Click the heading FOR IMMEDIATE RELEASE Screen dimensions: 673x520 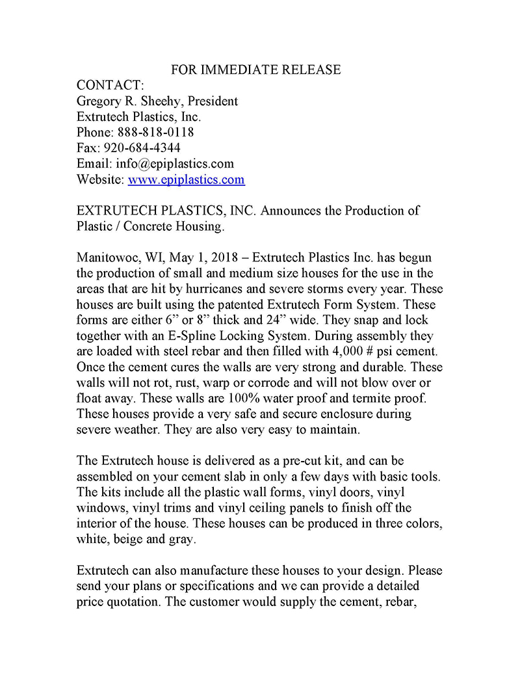[255, 70]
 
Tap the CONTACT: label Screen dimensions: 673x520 [110, 86]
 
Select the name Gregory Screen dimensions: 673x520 [100, 101]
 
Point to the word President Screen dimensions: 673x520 [213, 101]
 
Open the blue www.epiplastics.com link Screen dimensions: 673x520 [186, 179]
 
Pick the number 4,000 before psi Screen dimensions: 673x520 [333, 351]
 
